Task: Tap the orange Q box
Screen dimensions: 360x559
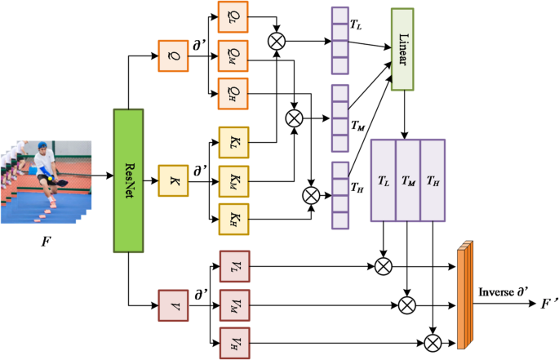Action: (173, 56)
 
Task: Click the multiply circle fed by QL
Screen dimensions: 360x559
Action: (277, 38)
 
